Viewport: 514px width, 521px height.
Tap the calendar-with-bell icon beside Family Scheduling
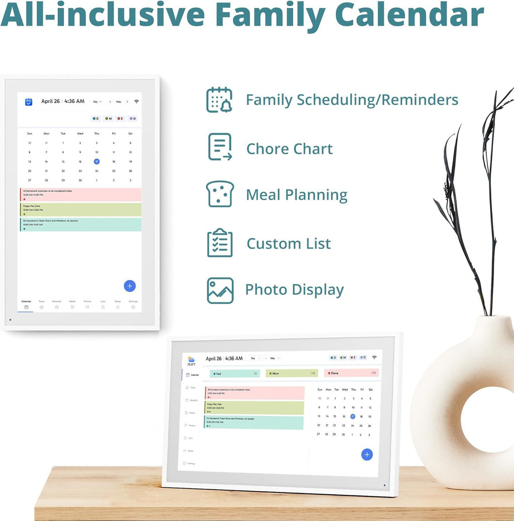coord(219,99)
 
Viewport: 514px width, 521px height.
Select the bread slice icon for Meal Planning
coord(220,194)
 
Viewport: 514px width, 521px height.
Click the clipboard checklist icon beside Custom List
coord(220,243)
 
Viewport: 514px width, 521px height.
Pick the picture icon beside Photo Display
coord(220,290)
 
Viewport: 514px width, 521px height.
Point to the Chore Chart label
coord(289,149)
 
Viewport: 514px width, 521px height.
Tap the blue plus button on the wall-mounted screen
coord(130,286)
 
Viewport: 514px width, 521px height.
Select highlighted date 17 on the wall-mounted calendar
coord(96,162)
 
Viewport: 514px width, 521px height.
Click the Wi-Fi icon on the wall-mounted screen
coord(136,101)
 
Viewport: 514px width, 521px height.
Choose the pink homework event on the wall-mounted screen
coord(80,194)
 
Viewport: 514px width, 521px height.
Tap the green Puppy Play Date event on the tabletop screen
coord(254,408)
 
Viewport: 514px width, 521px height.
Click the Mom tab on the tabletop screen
coord(291,373)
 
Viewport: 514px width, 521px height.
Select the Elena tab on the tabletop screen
coord(351,373)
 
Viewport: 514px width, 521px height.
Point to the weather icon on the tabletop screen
coord(191,359)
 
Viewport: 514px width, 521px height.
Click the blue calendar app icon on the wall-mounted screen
coord(29,102)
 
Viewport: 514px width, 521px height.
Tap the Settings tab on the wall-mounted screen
coord(133,304)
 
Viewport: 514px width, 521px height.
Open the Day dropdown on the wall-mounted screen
coord(97,102)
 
